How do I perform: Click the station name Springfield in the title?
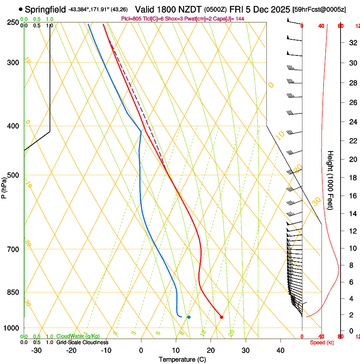click(x=45, y=9)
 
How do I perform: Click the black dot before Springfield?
click(x=21, y=9)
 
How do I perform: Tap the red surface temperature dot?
click(x=222, y=317)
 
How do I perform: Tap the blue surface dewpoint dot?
click(x=189, y=317)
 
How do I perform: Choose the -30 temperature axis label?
click(x=36, y=350)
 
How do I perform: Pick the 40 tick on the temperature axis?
click(x=280, y=350)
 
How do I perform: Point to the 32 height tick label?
click(x=352, y=42)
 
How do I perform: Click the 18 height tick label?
click(x=352, y=177)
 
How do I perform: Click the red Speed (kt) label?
click(x=321, y=342)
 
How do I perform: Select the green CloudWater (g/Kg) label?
click(x=78, y=336)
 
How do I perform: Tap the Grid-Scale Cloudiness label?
click(x=82, y=342)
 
